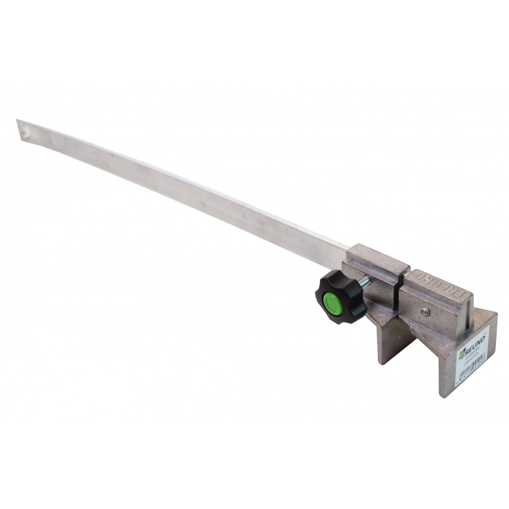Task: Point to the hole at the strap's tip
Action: point(26,132)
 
